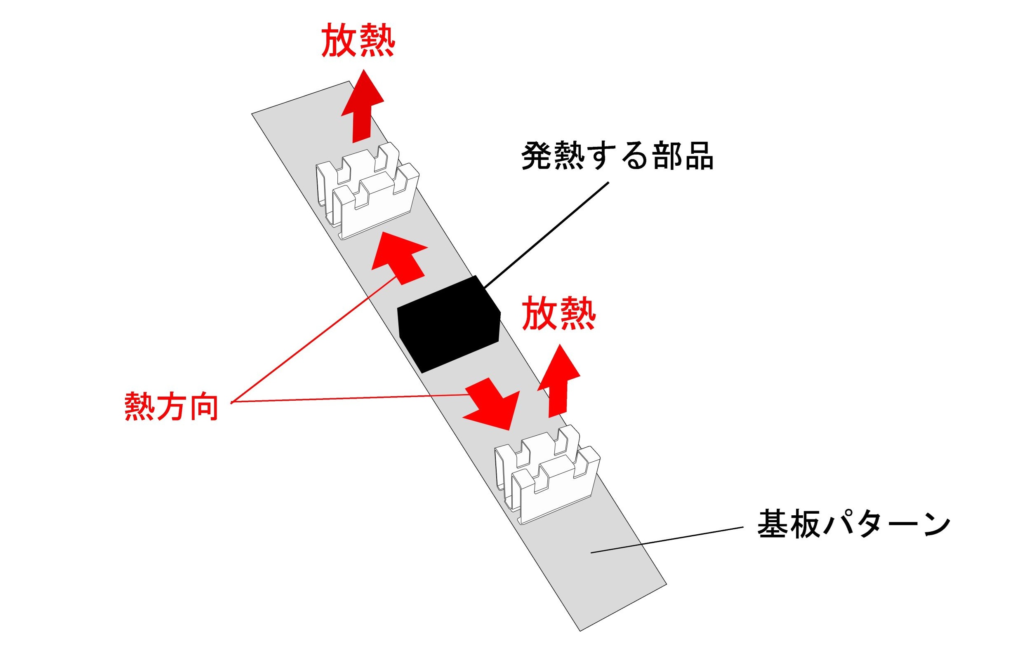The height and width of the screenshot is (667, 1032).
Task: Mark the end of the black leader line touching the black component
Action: click(484, 288)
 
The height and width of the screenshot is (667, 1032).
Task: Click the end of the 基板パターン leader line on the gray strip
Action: click(591, 553)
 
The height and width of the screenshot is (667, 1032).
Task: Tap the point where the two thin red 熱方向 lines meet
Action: click(231, 402)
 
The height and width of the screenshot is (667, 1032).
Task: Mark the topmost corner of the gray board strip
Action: click(349, 81)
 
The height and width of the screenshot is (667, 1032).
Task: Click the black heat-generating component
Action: click(449, 324)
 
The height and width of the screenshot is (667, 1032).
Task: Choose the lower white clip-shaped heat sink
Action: click(548, 475)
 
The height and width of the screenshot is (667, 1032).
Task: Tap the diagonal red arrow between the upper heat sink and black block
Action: click(398, 258)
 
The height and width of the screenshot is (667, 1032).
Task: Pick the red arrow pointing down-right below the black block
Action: click(491, 404)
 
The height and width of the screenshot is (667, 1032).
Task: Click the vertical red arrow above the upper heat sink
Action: click(363, 106)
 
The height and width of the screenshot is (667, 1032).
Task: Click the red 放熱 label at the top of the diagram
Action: click(358, 40)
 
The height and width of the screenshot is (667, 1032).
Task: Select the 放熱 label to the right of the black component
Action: click(559, 314)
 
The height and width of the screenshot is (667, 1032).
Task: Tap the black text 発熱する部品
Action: click(617, 156)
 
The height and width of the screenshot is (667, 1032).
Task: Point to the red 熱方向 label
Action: click(171, 406)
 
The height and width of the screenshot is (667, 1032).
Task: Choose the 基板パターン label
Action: click(854, 524)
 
